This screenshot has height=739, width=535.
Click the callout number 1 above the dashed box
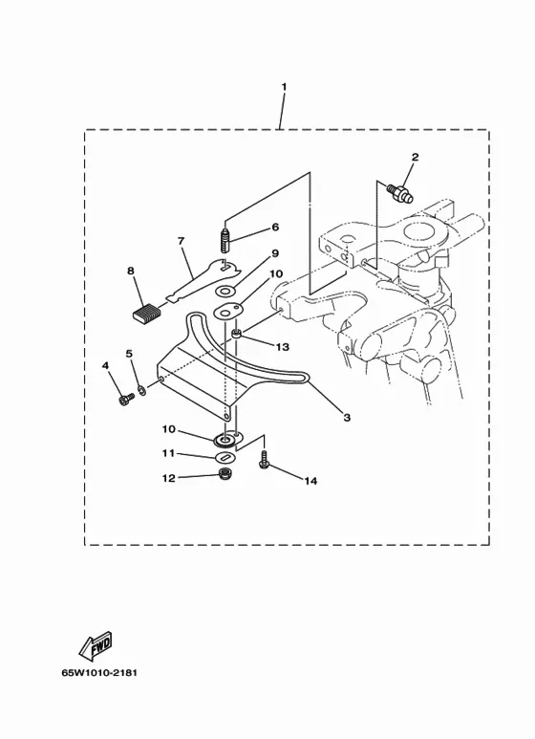284,87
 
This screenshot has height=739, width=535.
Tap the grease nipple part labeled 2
399,193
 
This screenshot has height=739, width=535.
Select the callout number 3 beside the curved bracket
347,418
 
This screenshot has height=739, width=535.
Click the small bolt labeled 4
126,400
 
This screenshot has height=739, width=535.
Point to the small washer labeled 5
141,390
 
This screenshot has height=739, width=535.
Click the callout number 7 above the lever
181,241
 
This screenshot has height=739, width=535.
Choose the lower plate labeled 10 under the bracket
227,439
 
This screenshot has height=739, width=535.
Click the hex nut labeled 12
225,473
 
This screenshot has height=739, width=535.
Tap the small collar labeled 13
237,335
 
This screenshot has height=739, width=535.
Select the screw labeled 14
264,458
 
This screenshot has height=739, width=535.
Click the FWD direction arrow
96,644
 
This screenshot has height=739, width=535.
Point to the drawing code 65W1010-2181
99,672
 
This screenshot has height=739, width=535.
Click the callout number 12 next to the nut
168,478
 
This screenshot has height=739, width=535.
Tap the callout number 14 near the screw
310,481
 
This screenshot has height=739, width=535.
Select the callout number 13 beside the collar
282,347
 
